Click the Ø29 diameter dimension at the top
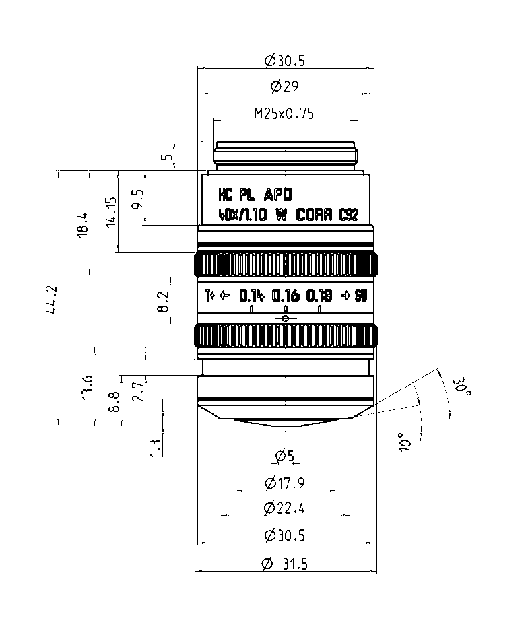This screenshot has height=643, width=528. point(284,86)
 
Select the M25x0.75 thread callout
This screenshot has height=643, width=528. point(284,113)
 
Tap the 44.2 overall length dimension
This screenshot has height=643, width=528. point(52,300)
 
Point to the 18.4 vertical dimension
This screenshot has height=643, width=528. point(82,224)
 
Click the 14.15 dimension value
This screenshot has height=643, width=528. point(111,212)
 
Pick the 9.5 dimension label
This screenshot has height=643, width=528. point(138,199)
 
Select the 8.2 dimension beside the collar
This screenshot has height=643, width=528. point(163,302)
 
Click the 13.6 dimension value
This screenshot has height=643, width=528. point(87,387)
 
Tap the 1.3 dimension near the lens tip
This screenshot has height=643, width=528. point(155,448)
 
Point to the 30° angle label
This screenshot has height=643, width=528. point(462,387)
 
